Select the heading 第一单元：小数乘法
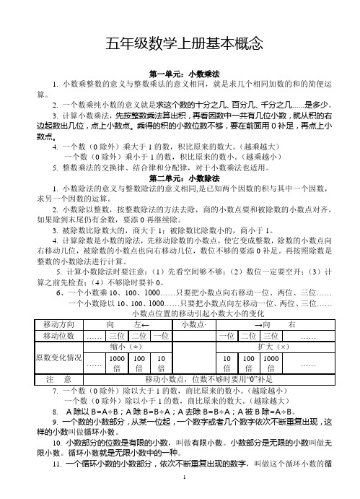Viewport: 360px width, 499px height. (x=180, y=74)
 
